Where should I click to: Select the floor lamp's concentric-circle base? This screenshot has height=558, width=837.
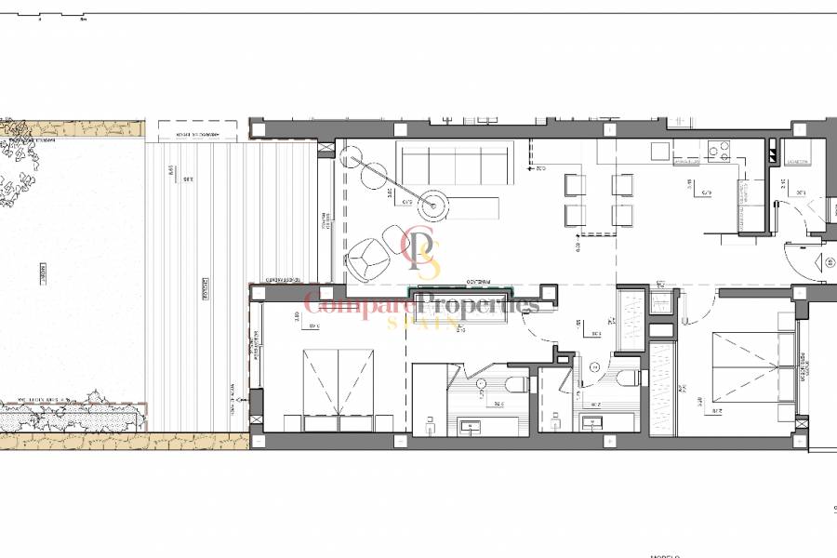433,198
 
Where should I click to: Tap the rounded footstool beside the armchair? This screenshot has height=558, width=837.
391,232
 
